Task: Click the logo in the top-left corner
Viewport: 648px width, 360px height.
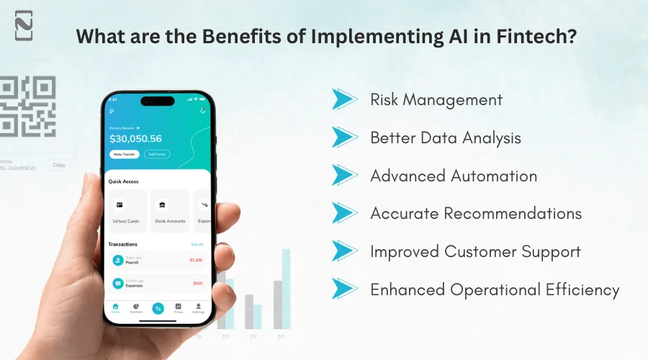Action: tap(24, 28)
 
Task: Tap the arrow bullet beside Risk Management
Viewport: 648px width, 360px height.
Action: tap(344, 99)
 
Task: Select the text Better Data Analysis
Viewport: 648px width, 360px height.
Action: tap(445, 138)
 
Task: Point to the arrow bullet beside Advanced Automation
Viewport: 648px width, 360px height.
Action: tap(344, 175)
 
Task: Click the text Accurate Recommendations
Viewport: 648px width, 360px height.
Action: tap(476, 213)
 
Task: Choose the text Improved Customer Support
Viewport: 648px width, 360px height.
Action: tap(475, 251)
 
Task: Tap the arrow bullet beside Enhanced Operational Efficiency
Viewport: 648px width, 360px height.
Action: tap(344, 289)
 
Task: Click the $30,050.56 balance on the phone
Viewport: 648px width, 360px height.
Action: tap(135, 138)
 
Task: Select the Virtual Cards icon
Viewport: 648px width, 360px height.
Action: tap(120, 204)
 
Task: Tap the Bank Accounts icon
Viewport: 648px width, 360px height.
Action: tap(161, 204)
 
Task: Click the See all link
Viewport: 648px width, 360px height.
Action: tap(197, 244)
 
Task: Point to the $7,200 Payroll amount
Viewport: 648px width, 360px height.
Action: tap(196, 260)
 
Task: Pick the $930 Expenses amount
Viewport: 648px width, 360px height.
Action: tap(197, 284)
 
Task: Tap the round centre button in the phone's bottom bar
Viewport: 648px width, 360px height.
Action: tap(157, 307)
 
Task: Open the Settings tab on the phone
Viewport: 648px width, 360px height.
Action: tap(198, 308)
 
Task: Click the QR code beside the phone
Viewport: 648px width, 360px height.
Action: tap(27, 107)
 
